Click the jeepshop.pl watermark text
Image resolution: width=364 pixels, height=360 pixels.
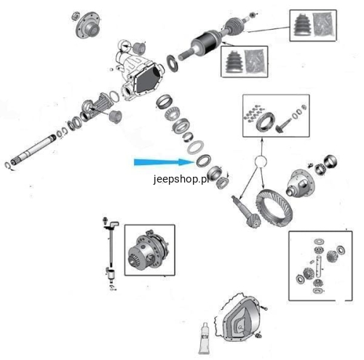click(181, 180)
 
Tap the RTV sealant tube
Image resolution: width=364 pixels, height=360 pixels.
click(203, 338)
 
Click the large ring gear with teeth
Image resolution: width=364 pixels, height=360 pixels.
click(274, 209)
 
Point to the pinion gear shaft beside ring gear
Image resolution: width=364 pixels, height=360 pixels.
click(245, 212)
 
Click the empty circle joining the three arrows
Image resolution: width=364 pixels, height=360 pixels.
click(261, 161)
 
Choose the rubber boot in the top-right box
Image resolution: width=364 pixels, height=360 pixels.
click(302, 26)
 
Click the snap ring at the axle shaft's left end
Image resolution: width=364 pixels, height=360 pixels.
click(8, 166)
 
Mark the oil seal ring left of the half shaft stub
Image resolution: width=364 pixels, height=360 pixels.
click(173, 63)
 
